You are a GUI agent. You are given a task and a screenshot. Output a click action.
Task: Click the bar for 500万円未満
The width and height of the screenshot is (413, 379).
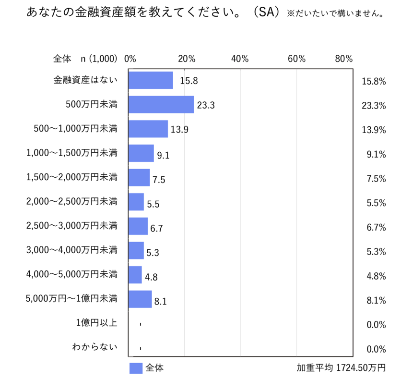161,105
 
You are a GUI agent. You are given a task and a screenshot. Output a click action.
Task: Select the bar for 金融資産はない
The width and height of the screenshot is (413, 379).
151,80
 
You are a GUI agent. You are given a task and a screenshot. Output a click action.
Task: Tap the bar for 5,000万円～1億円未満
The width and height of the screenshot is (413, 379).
140,299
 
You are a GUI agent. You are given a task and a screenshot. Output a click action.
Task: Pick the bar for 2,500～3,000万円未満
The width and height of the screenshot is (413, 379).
138,226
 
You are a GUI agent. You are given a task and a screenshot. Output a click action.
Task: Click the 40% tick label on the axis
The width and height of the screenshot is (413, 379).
240,59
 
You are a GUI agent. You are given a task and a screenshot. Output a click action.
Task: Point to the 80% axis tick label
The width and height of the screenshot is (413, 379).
344,59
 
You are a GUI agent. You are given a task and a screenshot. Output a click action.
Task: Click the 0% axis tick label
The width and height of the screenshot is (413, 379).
130,59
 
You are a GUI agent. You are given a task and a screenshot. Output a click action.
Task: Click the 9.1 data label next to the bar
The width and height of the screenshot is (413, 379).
164,156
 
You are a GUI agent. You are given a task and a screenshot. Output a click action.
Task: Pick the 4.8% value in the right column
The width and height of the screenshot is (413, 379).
376,276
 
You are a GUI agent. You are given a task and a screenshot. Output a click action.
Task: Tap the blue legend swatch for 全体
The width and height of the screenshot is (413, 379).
136,368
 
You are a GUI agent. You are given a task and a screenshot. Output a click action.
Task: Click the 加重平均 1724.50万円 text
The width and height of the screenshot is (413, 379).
341,368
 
